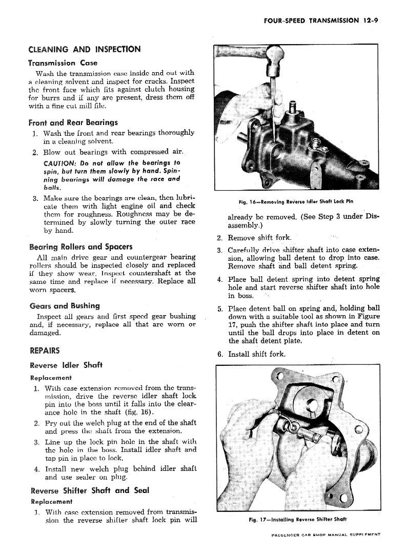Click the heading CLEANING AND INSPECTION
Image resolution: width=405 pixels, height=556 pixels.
[84, 49]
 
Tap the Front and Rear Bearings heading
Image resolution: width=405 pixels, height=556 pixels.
[73, 122]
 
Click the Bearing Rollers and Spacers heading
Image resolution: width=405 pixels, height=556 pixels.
[80, 246]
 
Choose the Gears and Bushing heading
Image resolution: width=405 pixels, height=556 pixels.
[64, 306]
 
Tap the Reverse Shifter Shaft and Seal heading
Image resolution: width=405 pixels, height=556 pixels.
[89, 490]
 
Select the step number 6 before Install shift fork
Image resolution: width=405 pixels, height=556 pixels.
[220, 354]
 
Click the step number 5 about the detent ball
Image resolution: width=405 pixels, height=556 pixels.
[219, 308]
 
